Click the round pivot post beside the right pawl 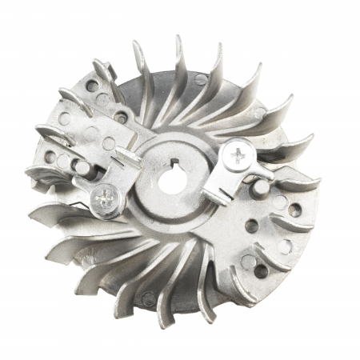261,186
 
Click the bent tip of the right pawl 214,197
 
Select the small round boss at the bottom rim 149,298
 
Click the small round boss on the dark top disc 199,79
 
